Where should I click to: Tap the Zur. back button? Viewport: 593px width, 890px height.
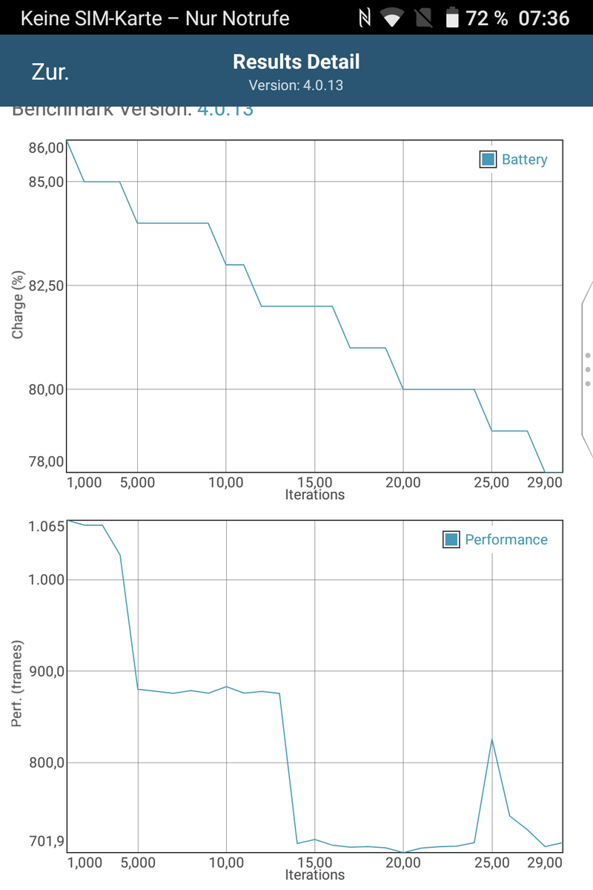[x=50, y=72]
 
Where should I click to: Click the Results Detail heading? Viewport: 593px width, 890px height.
[x=296, y=62]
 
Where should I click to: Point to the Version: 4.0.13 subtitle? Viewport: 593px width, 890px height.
[x=296, y=85]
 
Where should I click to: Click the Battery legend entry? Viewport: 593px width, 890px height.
[x=514, y=159]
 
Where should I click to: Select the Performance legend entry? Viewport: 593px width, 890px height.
[x=496, y=540]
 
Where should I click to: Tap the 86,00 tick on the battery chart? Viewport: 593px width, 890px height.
[x=46, y=148]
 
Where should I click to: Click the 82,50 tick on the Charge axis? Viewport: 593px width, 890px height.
[x=46, y=286]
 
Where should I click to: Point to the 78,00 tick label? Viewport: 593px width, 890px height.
[x=46, y=461]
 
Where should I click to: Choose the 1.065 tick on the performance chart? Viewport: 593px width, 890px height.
[x=46, y=527]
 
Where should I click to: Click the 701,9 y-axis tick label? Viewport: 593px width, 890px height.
[x=46, y=842]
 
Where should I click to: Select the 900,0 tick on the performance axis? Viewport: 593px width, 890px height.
[x=46, y=671]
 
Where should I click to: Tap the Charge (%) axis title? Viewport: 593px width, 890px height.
[x=19, y=306]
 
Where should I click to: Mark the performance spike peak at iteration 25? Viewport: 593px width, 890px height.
[x=492, y=739]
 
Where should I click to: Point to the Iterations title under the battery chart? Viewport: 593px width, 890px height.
[x=315, y=495]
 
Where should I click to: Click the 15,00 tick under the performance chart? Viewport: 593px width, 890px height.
[x=315, y=863]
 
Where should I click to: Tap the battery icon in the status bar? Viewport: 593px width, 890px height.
[x=452, y=18]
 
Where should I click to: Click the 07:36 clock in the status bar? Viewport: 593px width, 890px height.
[x=543, y=18]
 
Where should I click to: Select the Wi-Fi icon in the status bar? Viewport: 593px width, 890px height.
[x=392, y=18]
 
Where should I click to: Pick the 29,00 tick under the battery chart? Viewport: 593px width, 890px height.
[x=545, y=483]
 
